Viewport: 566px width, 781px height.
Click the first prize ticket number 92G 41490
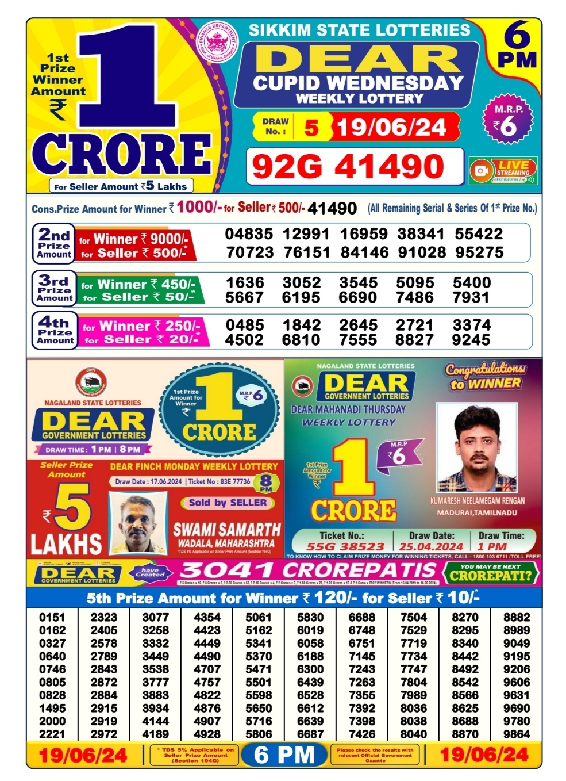348,167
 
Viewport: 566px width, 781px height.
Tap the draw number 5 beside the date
311,127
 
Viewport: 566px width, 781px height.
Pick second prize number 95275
479,252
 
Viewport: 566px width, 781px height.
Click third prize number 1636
245,282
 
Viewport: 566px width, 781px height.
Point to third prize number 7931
471,297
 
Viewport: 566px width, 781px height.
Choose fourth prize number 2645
358,325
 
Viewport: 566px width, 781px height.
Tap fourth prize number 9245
471,340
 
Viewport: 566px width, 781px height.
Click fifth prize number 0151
52,617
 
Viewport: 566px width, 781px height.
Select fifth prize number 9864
517,734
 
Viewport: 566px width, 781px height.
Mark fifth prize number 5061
259,617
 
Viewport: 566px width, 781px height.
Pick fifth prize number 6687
310,734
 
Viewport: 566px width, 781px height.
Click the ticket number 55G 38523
345,546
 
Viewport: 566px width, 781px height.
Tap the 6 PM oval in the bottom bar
285,755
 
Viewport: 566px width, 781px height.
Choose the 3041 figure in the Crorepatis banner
227,571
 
